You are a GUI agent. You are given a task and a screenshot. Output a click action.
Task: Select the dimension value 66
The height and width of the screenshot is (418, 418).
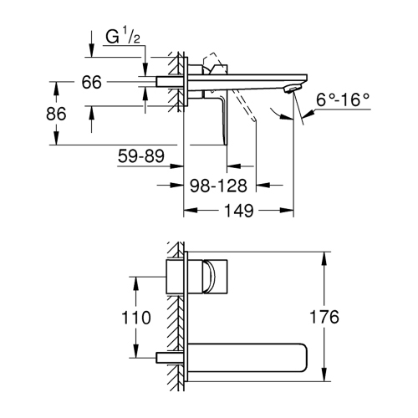[x=91, y=82]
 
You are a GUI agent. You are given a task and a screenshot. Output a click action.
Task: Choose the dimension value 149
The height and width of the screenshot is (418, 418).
[x=240, y=212]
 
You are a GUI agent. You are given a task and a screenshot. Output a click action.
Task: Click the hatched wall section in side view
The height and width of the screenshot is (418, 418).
[x=177, y=84]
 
